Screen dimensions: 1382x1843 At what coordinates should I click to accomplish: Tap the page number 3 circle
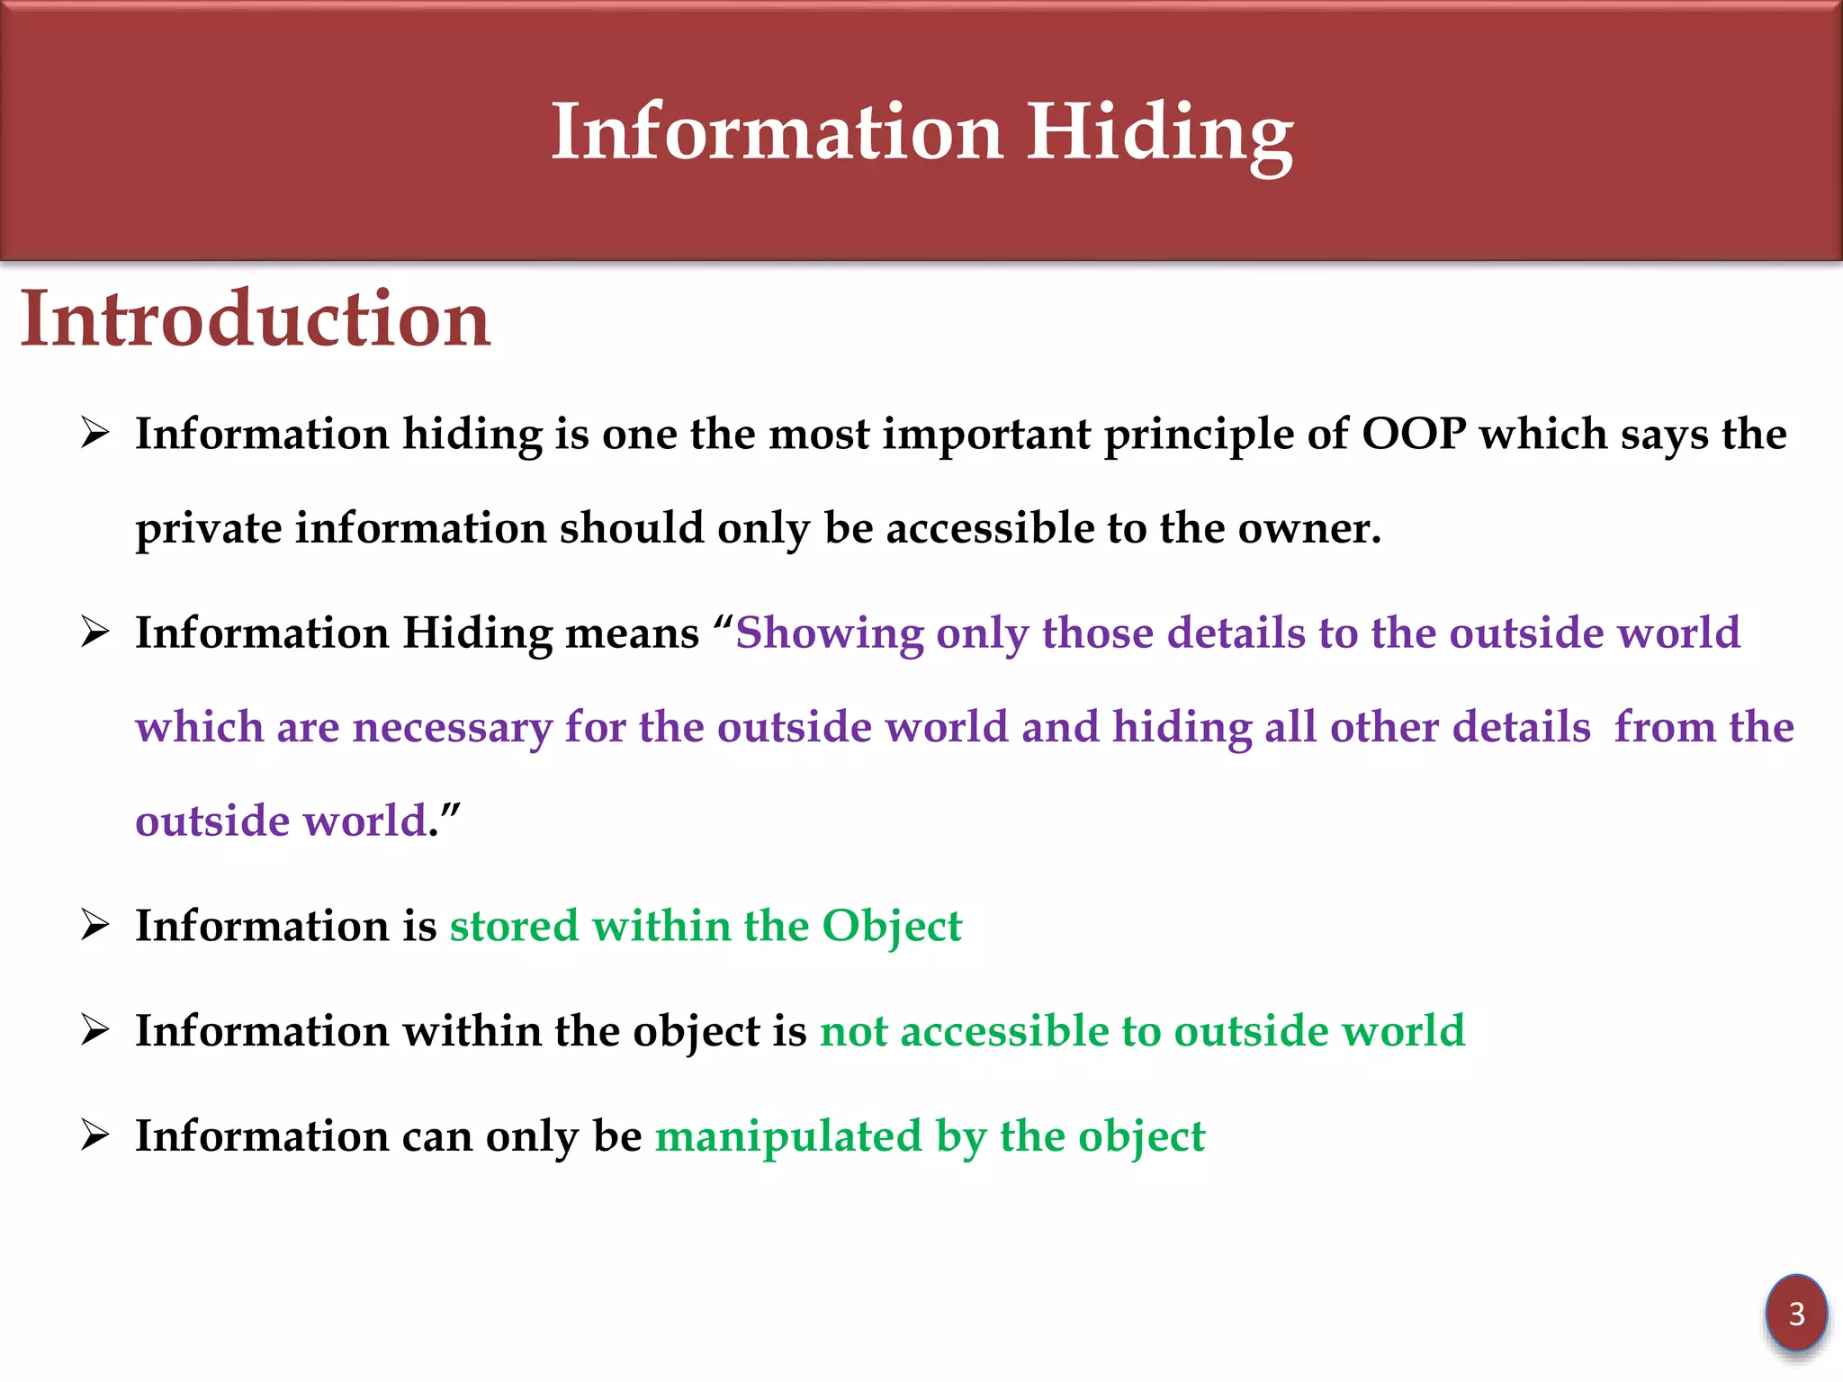pyautogui.click(x=1796, y=1314)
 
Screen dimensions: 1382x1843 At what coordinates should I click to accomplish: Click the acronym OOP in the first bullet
pyautogui.click(x=1414, y=434)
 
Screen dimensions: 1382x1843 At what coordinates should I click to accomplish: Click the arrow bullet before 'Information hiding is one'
pyautogui.click(x=94, y=433)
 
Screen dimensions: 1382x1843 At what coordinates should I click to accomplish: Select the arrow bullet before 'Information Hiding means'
pyautogui.click(x=94, y=632)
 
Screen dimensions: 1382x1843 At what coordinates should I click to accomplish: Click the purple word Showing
pyautogui.click(x=829, y=633)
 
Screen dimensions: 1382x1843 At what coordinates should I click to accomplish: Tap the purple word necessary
pyautogui.click(x=452, y=728)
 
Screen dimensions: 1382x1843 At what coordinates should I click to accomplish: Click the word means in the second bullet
pyautogui.click(x=632, y=633)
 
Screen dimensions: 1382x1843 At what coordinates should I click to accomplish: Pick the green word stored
pyautogui.click(x=514, y=927)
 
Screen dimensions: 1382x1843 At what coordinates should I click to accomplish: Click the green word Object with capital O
pyautogui.click(x=892, y=927)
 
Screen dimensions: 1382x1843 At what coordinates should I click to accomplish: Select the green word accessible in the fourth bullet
pyautogui.click(x=1005, y=1031)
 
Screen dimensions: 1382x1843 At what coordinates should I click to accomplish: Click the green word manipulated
pyautogui.click(x=788, y=1136)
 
